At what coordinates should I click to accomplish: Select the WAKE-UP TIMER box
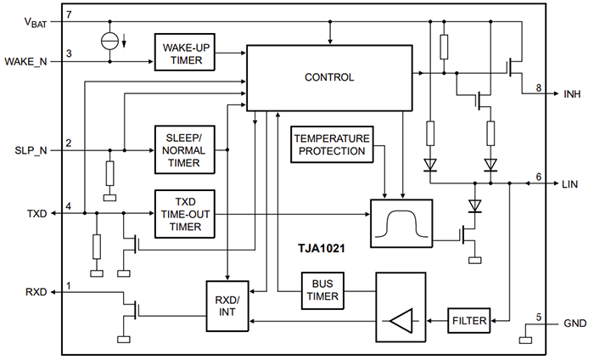(x=184, y=53)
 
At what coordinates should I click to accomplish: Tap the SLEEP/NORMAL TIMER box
(x=184, y=150)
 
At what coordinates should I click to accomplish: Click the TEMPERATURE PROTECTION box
(x=331, y=143)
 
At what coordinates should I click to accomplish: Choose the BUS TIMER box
(x=322, y=290)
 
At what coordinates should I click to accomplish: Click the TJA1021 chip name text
(x=321, y=251)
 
